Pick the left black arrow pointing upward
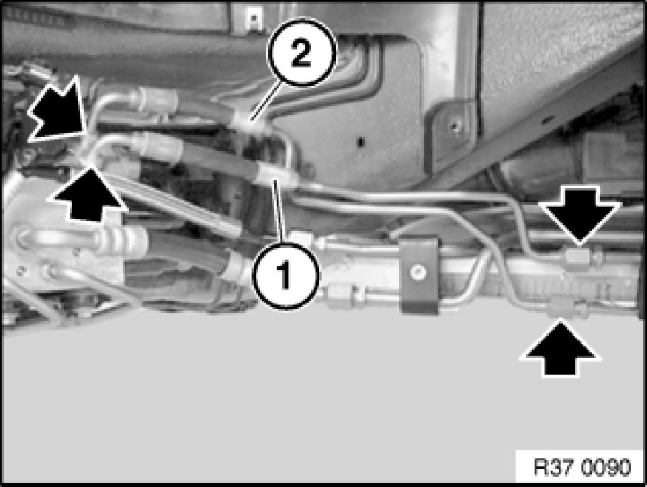point(87,191)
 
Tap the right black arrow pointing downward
point(579,214)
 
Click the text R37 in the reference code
point(556,468)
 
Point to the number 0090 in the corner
point(607,468)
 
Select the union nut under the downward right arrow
point(578,256)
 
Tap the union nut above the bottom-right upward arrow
point(560,307)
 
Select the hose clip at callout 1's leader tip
point(271,173)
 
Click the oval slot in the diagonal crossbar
point(549,120)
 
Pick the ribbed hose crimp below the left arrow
point(123,239)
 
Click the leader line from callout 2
point(266,101)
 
